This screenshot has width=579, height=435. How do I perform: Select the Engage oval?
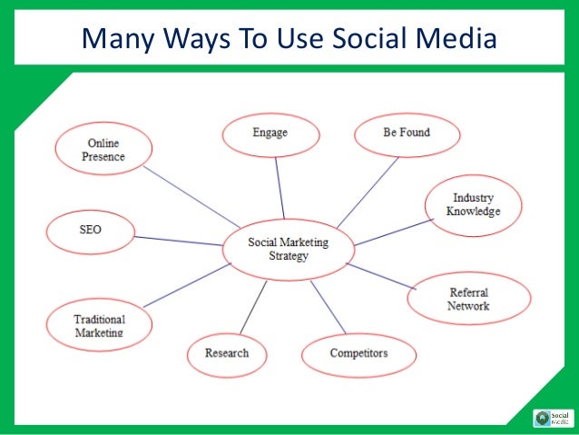(270, 134)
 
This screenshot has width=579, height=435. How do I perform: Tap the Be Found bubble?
(406, 133)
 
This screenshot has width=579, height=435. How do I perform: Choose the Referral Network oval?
(467, 299)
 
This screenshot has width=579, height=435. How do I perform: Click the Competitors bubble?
(358, 352)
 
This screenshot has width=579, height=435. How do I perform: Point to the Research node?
(226, 353)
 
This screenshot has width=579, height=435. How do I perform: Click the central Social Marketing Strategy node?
(289, 249)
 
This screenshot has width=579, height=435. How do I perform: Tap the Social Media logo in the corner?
(553, 418)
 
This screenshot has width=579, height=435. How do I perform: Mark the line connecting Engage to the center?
(280, 186)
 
